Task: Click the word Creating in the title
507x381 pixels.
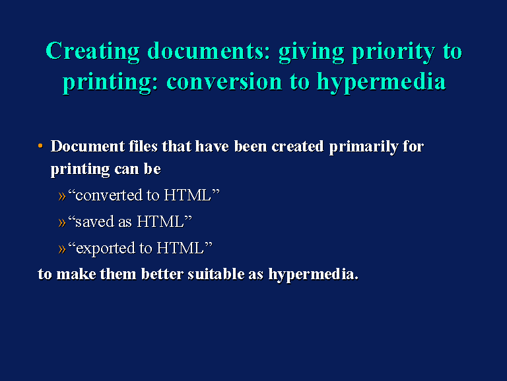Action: [x=92, y=52]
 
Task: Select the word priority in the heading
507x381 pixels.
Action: [x=393, y=52]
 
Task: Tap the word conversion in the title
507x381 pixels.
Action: [x=224, y=81]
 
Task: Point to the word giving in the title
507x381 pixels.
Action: [x=311, y=52]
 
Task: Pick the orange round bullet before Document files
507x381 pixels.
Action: [x=40, y=146]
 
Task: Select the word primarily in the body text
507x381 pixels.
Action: [x=364, y=147]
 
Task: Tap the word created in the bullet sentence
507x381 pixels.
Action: [x=298, y=146]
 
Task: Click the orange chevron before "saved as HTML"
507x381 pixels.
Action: [x=62, y=222]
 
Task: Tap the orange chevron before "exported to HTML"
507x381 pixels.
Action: [x=62, y=249]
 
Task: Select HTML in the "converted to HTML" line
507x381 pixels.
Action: [x=187, y=195]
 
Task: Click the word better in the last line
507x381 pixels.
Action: [x=162, y=274]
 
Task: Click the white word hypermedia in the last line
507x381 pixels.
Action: [x=312, y=275]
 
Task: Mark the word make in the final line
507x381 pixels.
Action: [x=76, y=274]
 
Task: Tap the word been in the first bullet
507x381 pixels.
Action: [x=250, y=146]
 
